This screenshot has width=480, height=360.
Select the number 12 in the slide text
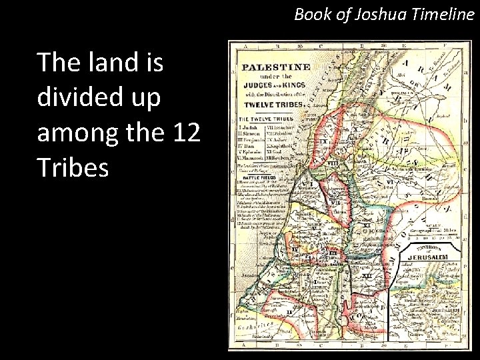click(186, 133)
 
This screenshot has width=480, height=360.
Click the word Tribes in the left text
click(73, 169)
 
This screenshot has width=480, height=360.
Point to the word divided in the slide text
click(83, 98)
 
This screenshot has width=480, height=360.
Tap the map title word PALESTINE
click(275, 67)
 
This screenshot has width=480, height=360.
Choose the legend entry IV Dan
click(248, 146)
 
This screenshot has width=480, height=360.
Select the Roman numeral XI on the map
click(366, 225)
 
